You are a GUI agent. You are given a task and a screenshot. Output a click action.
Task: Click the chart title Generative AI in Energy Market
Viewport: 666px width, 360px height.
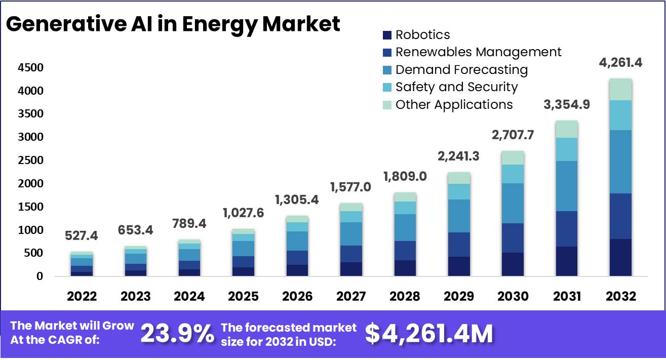tap(173, 24)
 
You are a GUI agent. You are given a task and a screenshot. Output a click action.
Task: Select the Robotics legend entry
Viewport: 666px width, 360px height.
tap(422, 35)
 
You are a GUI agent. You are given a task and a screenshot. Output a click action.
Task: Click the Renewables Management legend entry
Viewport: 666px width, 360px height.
tap(478, 52)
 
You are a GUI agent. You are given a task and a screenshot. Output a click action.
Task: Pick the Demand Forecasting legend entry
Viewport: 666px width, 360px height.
tap(461, 70)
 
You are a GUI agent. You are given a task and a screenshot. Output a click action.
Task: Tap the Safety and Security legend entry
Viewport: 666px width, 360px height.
tap(456, 87)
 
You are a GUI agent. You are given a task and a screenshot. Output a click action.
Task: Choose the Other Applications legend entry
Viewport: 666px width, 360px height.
tap(453, 105)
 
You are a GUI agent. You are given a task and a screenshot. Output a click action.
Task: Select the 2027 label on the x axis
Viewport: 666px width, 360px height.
tap(350, 296)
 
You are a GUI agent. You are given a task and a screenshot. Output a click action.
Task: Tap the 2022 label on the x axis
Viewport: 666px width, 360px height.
tap(82, 296)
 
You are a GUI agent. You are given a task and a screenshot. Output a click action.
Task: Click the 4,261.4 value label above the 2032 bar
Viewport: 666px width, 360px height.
tap(620, 63)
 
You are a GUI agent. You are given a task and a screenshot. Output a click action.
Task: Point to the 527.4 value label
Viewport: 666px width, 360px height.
tap(82, 236)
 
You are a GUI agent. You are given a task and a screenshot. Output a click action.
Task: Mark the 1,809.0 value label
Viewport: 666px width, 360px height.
tap(405, 177)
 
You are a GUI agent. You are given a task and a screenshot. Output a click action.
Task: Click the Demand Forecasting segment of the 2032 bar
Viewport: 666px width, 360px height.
tap(620, 162)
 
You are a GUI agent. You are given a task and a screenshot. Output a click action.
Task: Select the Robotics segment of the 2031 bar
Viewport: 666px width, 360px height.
tap(566, 261)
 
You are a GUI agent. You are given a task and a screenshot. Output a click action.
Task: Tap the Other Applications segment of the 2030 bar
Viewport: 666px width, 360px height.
tap(513, 157)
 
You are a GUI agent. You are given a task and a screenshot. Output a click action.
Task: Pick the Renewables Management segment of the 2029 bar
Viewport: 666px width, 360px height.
tap(458, 245)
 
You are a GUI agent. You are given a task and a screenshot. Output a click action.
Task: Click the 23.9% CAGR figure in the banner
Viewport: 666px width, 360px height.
tap(177, 334)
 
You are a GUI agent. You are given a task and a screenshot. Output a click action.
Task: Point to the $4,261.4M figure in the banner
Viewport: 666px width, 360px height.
tap(428, 334)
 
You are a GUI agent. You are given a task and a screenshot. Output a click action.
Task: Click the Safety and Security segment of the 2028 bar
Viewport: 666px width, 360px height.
tap(405, 208)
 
